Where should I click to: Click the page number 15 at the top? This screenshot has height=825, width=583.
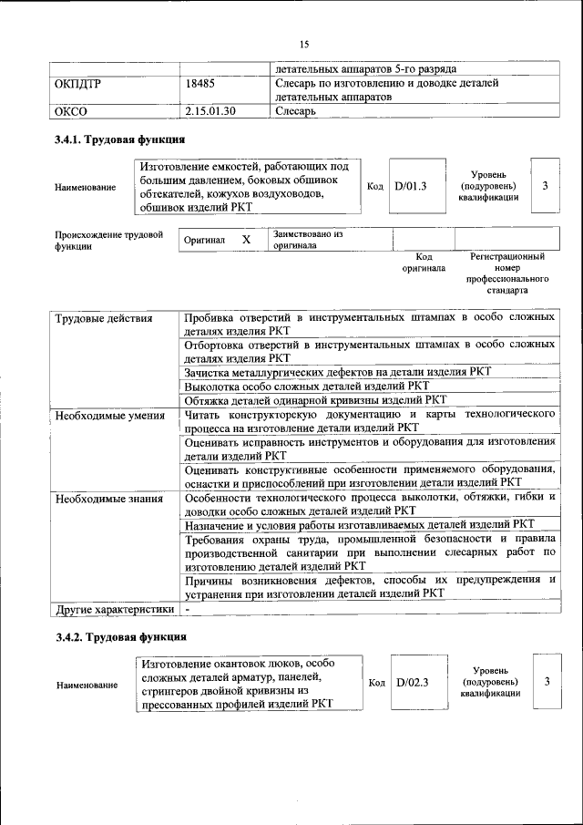pos(304,43)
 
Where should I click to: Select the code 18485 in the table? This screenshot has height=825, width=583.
pos(199,83)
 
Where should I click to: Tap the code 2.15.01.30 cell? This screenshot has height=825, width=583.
pos(210,111)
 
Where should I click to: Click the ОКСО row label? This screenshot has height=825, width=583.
pos(70,111)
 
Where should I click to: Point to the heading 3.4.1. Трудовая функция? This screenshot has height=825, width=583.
pos(120,140)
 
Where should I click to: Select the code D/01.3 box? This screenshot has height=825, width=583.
pos(411,186)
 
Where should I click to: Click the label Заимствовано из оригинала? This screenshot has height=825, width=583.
pos(307,239)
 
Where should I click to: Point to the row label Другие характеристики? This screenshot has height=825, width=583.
pos(114,609)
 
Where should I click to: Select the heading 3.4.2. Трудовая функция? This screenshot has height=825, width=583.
pos(120,635)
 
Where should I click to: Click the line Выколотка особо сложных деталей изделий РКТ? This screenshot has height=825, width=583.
pos(306,386)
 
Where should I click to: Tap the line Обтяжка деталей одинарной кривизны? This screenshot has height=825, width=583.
pos(315,399)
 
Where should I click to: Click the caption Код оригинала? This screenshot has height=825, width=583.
pos(424,263)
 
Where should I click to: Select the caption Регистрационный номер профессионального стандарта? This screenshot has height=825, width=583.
pos(506,274)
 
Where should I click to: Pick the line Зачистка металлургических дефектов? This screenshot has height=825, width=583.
pos(337,372)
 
